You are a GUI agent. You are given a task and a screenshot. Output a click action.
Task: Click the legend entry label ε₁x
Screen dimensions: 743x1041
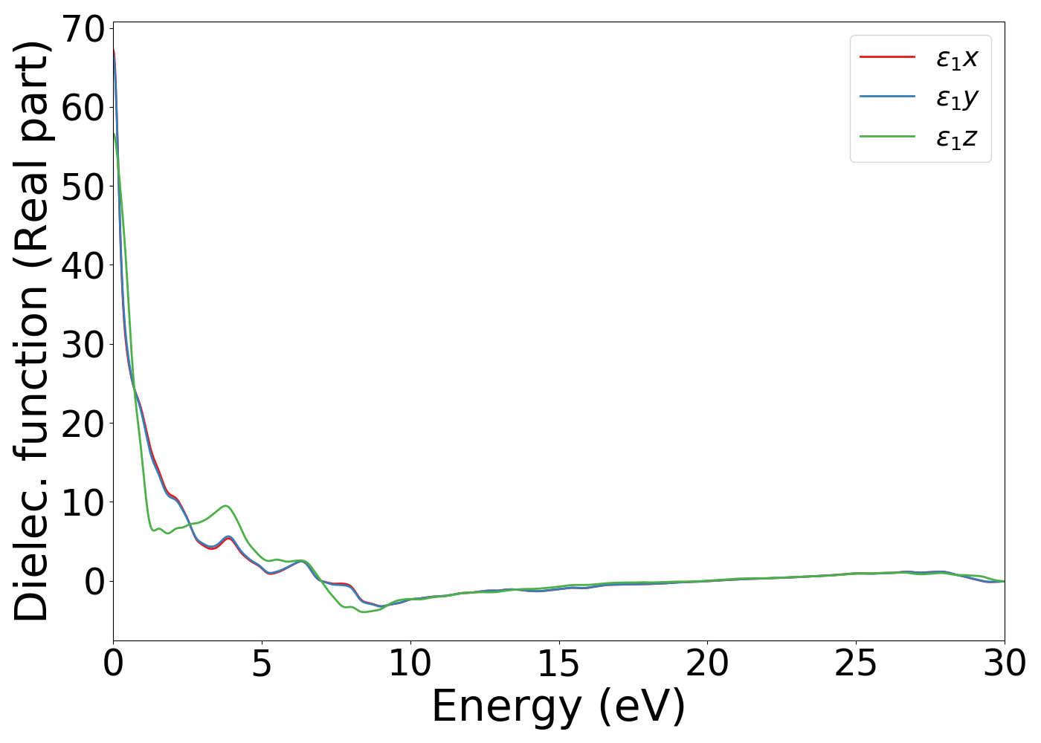(x=957, y=57)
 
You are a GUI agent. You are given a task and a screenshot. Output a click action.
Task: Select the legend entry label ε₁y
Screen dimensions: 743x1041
(x=957, y=98)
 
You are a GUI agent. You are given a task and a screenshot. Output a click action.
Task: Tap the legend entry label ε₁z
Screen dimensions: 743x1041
(x=957, y=137)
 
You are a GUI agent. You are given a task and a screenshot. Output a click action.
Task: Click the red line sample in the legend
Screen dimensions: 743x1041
(x=887, y=56)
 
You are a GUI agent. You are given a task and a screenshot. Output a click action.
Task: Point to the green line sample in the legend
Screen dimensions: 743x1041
(x=887, y=137)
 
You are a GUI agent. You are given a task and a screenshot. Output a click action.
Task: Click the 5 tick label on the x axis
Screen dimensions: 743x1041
(x=262, y=663)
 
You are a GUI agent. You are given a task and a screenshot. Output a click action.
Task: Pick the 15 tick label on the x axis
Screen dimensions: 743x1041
(x=558, y=663)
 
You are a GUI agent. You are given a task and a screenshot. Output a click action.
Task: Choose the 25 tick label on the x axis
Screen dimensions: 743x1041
(x=856, y=663)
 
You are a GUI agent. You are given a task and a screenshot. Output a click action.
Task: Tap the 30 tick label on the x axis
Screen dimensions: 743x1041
(x=1004, y=663)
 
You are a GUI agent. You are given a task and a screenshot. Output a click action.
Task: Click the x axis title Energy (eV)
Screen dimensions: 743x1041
(x=558, y=707)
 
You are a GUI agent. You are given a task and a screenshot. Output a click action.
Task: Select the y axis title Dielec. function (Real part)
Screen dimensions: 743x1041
(x=31, y=331)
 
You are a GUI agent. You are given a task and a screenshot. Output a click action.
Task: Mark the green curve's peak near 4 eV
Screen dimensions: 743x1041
(x=225, y=506)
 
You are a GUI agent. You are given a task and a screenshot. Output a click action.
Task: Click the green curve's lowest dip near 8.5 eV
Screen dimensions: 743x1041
(x=364, y=612)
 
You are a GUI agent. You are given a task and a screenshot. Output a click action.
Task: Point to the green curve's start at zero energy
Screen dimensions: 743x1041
(x=114, y=134)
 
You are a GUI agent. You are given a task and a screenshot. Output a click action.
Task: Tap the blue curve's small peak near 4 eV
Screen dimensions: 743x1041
(x=228, y=536)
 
